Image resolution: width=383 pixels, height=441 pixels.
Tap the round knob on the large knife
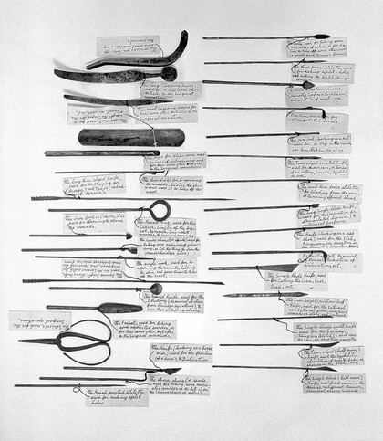click(x=168, y=72)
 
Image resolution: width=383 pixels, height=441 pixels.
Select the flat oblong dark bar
click(x=119, y=137)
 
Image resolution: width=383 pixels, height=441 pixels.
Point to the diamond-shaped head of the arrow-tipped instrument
click(x=307, y=85)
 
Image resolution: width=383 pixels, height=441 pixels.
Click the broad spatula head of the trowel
click(x=119, y=308)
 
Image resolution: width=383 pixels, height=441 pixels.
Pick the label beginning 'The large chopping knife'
click(x=171, y=90)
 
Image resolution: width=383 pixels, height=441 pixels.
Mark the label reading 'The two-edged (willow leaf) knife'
click(x=315, y=305)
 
